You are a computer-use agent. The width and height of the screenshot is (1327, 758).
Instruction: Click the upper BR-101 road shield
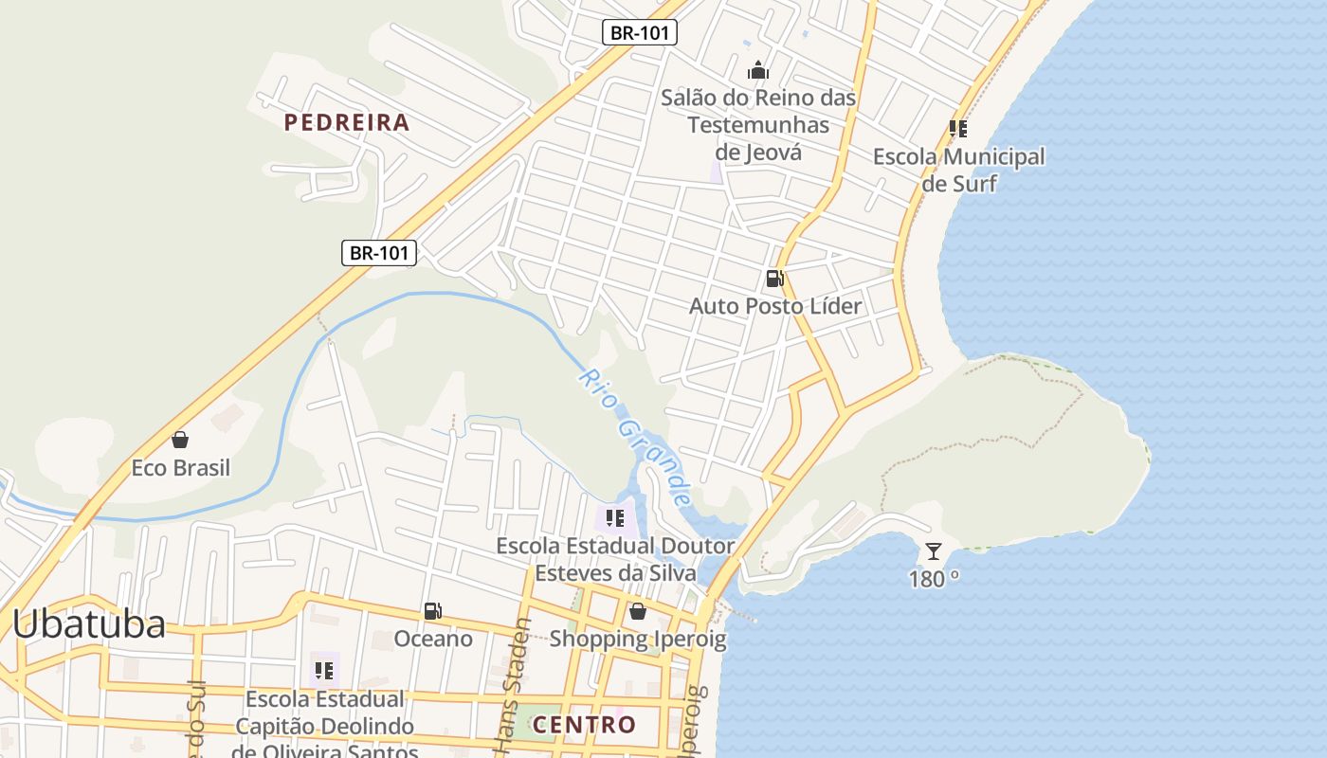pos(640,32)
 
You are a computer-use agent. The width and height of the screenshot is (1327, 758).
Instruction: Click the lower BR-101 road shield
pos(379,253)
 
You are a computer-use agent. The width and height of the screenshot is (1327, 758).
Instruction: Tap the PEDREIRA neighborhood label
pos(347,122)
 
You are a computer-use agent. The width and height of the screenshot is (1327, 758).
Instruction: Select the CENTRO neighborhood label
pos(584,725)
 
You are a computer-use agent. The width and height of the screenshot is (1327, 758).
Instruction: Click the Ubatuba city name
pos(89,624)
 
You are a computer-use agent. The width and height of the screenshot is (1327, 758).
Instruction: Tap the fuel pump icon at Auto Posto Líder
pos(774,279)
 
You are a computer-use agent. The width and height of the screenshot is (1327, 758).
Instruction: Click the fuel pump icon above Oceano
pos(433,611)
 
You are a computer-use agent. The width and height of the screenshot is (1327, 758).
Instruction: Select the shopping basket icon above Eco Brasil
pos(180,440)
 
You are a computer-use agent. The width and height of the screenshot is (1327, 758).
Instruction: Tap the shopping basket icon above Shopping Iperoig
pos(638,611)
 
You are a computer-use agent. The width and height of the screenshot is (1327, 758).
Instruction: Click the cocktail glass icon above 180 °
pos(934,550)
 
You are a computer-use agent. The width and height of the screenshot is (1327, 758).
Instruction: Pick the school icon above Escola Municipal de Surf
pos(958,129)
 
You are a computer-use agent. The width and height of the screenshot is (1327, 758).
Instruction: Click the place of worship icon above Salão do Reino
pos(757,70)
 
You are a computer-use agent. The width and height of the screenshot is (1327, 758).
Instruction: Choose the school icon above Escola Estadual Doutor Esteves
pos(615,518)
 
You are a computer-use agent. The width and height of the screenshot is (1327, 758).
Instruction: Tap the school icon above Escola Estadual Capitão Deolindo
pos(324,671)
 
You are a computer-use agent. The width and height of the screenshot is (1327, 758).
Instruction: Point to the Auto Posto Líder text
pos(775,306)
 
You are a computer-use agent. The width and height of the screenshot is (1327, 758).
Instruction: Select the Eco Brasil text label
pos(180,468)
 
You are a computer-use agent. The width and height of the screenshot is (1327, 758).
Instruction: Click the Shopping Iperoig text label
pos(638,639)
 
